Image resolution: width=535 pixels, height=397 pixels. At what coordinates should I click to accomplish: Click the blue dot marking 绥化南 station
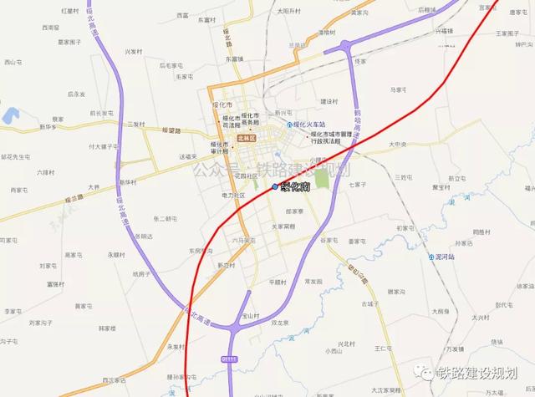[x=275, y=187]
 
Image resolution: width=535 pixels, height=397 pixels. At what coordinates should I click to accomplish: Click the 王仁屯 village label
[x=383, y=347]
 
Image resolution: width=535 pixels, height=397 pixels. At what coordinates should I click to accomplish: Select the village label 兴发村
[x=133, y=52]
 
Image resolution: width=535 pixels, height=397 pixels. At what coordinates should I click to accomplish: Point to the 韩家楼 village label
[x=108, y=329]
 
